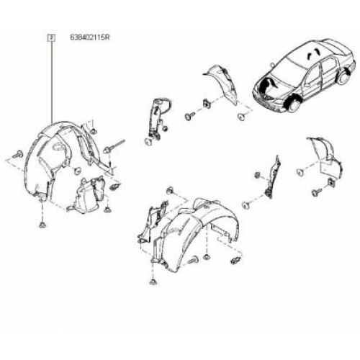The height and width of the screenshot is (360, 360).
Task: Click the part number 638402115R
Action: [90, 37]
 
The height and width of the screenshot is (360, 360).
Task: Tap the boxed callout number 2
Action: [52, 37]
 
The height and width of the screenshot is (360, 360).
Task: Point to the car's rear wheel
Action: [345, 77]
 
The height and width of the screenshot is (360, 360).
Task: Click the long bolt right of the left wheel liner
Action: [114, 146]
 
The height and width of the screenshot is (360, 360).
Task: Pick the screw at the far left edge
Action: [18, 154]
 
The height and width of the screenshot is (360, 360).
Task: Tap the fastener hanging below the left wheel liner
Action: [42, 225]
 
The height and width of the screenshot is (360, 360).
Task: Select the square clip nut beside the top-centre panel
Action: [207, 104]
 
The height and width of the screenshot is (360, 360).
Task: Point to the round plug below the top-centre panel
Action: [241, 117]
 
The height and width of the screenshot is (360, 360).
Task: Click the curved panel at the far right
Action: [326, 156]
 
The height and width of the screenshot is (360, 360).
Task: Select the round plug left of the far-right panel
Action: [300, 172]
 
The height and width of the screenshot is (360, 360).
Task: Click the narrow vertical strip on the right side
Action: [272, 177]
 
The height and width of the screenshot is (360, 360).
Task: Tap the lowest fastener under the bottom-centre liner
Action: [153, 282]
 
